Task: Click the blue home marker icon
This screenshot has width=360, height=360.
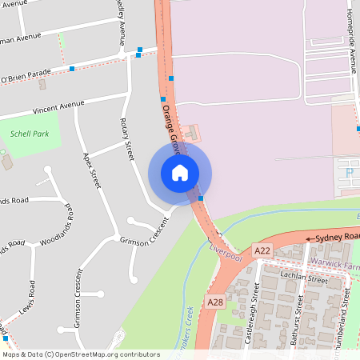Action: point(180,173)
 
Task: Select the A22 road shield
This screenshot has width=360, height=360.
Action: point(262,251)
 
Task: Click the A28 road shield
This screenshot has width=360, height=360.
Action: point(214,302)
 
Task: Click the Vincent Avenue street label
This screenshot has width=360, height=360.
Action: point(58,107)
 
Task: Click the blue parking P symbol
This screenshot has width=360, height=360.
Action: point(350,170)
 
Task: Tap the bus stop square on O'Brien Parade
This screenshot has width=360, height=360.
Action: point(72,69)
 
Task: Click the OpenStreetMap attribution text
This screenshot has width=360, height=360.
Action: point(80,354)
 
